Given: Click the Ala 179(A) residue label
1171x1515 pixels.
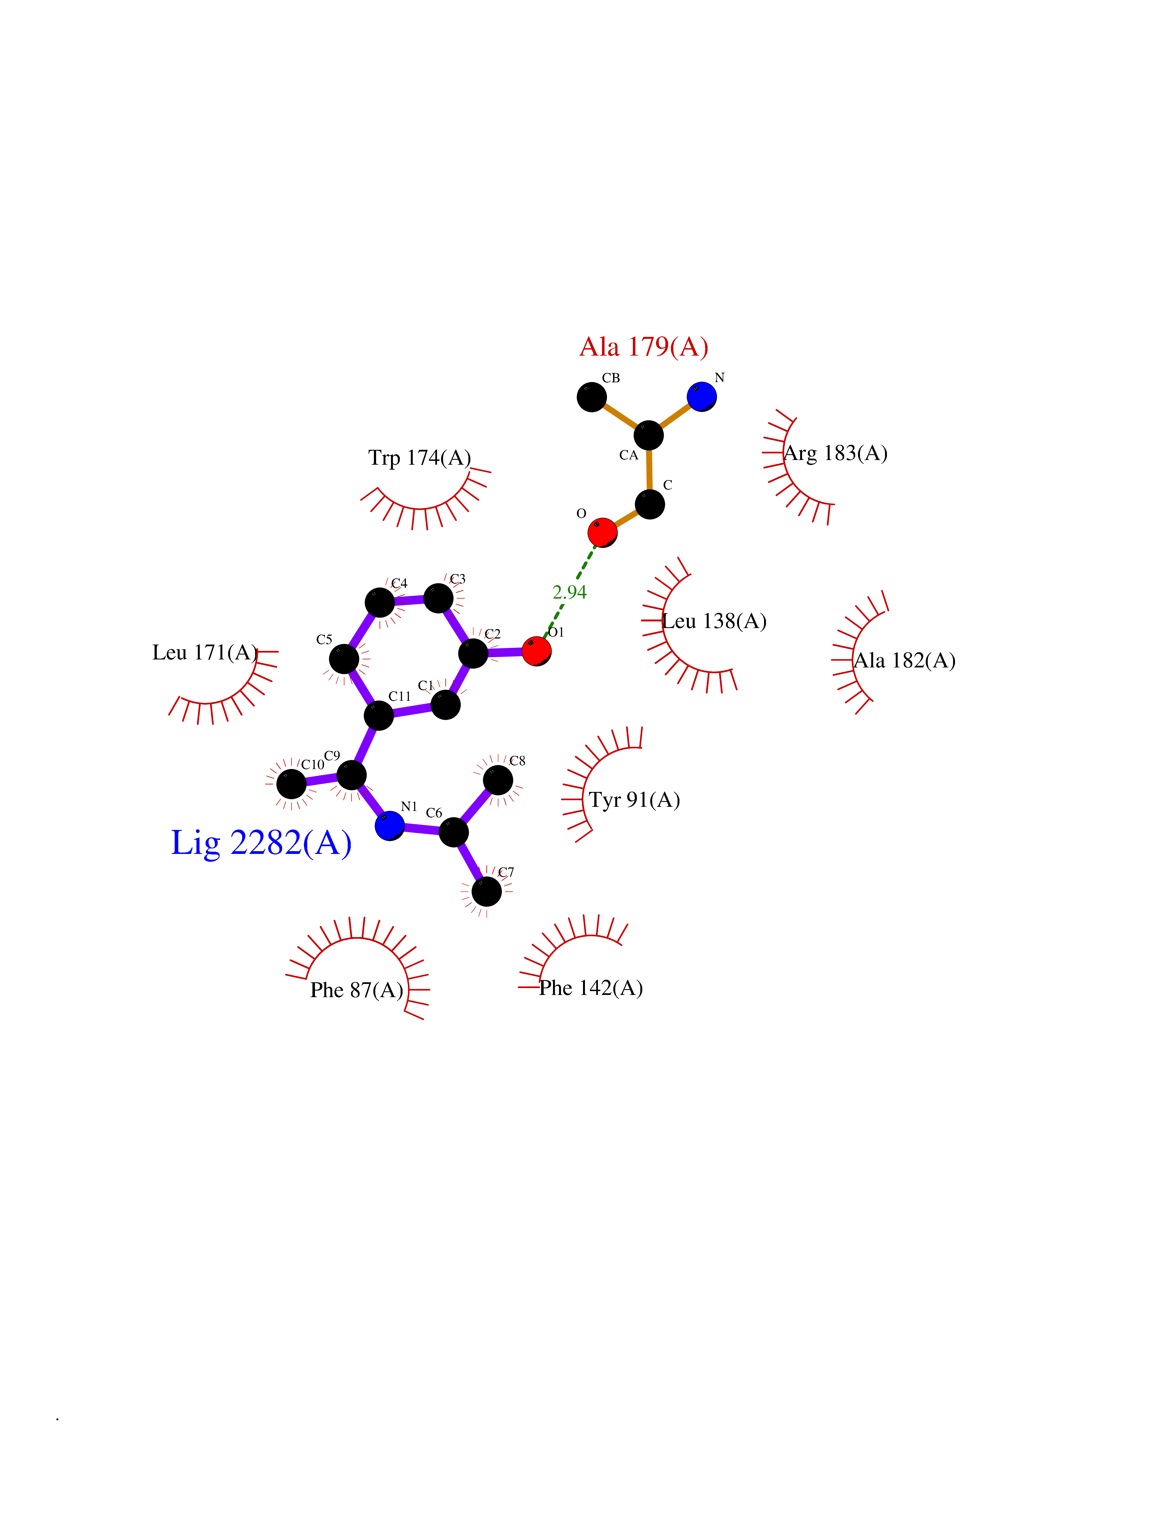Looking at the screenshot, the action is point(644,347).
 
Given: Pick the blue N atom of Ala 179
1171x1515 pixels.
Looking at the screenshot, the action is point(702,397).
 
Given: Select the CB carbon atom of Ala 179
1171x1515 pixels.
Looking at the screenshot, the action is point(592,397).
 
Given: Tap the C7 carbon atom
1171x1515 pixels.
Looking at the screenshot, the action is point(487,891).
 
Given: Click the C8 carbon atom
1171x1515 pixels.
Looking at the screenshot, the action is point(498,780).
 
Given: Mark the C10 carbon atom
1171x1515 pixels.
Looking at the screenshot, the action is point(291,784).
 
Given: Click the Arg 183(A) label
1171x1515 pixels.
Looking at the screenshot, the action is point(835,454).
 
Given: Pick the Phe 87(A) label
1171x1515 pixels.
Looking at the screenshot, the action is point(357,990).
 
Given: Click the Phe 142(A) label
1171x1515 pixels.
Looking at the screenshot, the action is point(591,988).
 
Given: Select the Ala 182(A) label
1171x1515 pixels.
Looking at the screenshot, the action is point(905,660).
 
